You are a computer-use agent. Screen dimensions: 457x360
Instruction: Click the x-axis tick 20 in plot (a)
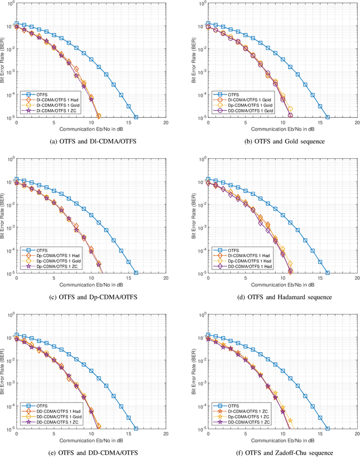click(166, 122)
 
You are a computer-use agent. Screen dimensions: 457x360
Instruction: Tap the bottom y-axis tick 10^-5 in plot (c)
click(10, 274)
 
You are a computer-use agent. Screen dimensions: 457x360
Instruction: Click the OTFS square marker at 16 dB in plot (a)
click(136, 117)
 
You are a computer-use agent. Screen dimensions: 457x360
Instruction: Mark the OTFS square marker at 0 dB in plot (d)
click(208, 179)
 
